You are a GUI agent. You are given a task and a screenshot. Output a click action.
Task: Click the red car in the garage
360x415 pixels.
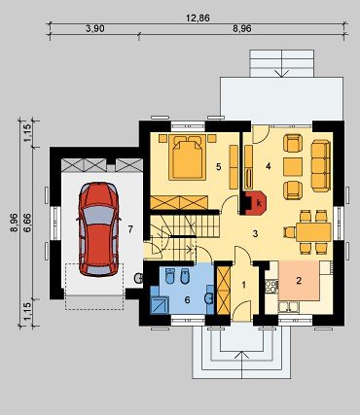click(98, 229)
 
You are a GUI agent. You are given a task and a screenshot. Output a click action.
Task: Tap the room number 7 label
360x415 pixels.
click(130, 229)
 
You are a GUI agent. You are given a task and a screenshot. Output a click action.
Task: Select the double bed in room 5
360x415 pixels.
click(188, 156)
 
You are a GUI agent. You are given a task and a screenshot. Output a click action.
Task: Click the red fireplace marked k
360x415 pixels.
click(256, 203)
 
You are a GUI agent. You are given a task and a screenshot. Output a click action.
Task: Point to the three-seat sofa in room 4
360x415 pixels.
click(320, 165)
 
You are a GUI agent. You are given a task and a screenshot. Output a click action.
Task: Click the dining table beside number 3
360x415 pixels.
click(313, 231)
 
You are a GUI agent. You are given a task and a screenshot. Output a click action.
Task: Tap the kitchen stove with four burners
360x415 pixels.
click(271, 287)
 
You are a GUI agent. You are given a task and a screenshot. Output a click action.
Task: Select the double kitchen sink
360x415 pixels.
click(289, 306)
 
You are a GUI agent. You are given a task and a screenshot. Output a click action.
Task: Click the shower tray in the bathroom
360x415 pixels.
click(160, 305)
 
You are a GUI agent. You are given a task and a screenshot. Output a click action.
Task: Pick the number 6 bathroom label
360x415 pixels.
click(187, 300)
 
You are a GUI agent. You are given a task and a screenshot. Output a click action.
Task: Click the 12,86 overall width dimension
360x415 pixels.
click(198, 18)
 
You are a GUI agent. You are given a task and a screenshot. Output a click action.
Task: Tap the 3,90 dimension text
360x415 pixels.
click(95, 29)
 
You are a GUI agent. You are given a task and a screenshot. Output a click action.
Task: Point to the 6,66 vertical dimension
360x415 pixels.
click(28, 223)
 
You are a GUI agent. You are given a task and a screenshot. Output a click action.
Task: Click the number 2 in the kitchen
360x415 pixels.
click(299, 281)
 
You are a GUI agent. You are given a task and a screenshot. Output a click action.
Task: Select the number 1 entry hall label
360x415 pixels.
click(244, 285)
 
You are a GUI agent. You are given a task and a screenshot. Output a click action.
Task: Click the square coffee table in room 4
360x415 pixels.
click(293, 167)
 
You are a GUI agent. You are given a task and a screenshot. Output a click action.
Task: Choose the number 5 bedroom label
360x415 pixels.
click(219, 167)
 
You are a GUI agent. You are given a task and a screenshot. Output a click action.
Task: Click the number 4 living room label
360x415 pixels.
click(268, 166)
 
